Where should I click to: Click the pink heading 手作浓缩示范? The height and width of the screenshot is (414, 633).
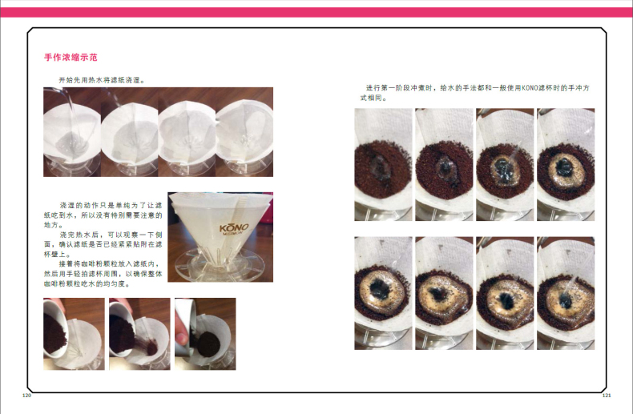[71, 58]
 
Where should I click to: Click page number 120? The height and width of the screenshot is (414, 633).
[26, 396]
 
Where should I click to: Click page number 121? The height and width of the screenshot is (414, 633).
[607, 396]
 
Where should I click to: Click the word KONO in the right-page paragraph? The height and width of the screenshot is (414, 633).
[530, 88]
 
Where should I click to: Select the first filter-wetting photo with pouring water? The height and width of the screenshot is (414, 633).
[72, 132]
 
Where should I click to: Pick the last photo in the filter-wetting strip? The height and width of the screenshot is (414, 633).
[244, 132]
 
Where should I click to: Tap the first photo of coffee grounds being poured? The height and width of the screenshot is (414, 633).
[74, 334]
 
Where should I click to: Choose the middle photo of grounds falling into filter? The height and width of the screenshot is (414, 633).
[139, 334]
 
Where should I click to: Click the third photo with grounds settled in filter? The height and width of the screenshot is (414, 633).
[205, 334]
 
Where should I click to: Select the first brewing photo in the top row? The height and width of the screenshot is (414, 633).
[384, 165]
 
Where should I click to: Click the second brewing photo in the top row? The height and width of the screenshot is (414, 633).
[444, 165]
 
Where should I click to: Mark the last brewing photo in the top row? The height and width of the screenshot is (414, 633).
[566, 165]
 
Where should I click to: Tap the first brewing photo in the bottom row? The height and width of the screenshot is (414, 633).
[384, 293]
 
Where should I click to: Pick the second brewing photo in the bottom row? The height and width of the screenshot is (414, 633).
[444, 293]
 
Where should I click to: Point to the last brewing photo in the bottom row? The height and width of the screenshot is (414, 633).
[566, 293]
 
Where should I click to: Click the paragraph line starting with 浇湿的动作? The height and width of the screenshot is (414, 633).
[111, 205]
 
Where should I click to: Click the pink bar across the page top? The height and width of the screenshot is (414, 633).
[316, 12]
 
